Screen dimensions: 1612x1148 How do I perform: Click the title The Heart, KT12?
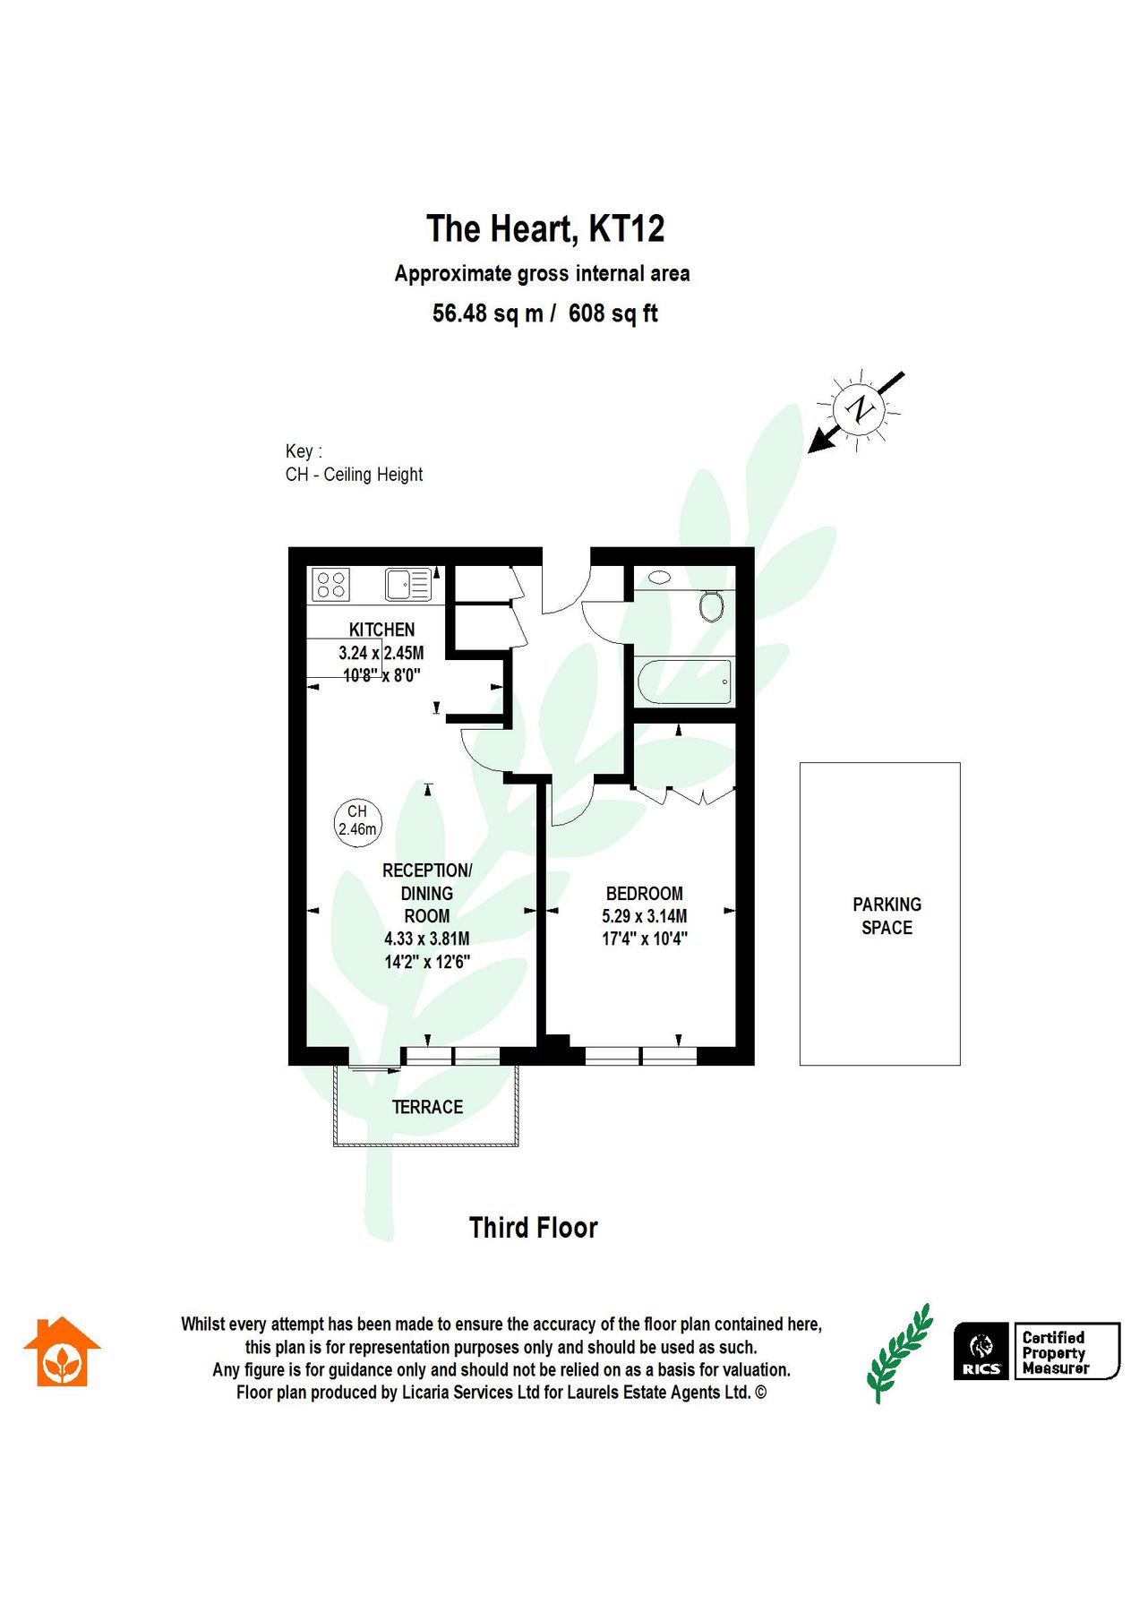coord(545,229)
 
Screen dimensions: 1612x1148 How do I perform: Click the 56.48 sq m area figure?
coord(487,313)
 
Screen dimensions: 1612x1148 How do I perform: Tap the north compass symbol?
coord(859,408)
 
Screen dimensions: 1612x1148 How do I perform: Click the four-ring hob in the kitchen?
coord(330,585)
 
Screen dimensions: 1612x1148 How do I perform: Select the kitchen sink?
coord(408,585)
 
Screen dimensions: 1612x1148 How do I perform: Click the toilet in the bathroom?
coord(712,605)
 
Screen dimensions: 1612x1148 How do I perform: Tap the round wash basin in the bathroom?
coord(660,578)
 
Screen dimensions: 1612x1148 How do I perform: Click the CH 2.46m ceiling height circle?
coord(357,820)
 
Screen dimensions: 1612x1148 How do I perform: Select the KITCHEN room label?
coord(381,630)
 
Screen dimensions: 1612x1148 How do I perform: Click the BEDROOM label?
coord(644,894)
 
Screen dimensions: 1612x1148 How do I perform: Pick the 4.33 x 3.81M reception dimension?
coord(427,939)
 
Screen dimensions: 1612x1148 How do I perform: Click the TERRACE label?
coord(427,1107)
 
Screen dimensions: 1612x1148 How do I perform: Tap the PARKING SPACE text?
coord(887,916)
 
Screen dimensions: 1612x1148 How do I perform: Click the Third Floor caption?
coord(533,1228)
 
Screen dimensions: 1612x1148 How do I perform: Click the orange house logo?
coord(62,1353)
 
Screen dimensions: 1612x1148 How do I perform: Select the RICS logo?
coord(981,1351)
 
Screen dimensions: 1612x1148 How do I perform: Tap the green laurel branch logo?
coord(898,1353)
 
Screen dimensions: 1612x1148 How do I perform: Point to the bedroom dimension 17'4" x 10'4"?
coord(644,939)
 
